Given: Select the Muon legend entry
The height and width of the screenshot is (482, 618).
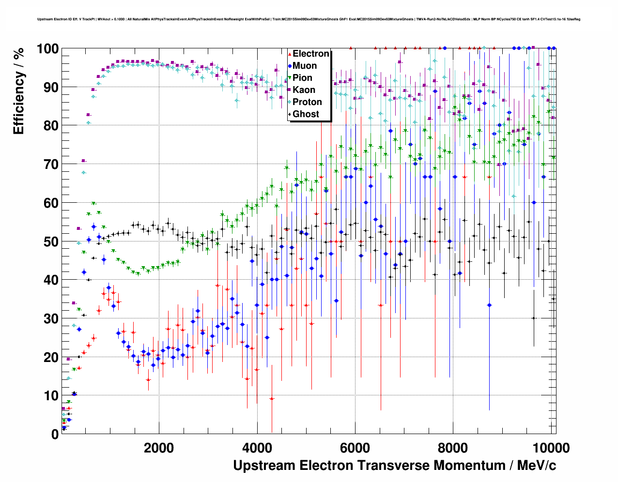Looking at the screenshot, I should click(x=305, y=66).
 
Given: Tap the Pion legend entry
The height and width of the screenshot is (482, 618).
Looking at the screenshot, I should click(x=302, y=78).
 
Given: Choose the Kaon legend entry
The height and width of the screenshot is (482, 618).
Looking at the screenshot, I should click(x=304, y=90).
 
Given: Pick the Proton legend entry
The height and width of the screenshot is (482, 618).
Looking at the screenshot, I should click(x=307, y=102).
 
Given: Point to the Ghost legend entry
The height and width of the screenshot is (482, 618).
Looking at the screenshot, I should click(x=306, y=114).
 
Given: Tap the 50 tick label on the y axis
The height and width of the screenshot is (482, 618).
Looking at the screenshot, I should click(x=51, y=241).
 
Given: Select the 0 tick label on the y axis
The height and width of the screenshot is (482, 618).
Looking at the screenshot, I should click(x=55, y=434).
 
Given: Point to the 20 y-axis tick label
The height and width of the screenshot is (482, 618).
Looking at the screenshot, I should click(x=51, y=357).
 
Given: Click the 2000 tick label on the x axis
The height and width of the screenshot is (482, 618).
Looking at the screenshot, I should click(x=159, y=448).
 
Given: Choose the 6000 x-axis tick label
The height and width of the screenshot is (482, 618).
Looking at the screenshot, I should click(x=355, y=448).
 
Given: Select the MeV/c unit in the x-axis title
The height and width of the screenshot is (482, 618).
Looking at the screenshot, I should click(x=537, y=466).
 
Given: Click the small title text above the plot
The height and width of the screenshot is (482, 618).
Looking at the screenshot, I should click(x=309, y=19).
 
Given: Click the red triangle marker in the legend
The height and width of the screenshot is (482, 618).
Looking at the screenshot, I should click(x=289, y=54).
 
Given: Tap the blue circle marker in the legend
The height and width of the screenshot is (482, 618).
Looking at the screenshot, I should click(x=289, y=66).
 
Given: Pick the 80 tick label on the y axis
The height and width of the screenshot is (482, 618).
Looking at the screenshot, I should click(x=51, y=126).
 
